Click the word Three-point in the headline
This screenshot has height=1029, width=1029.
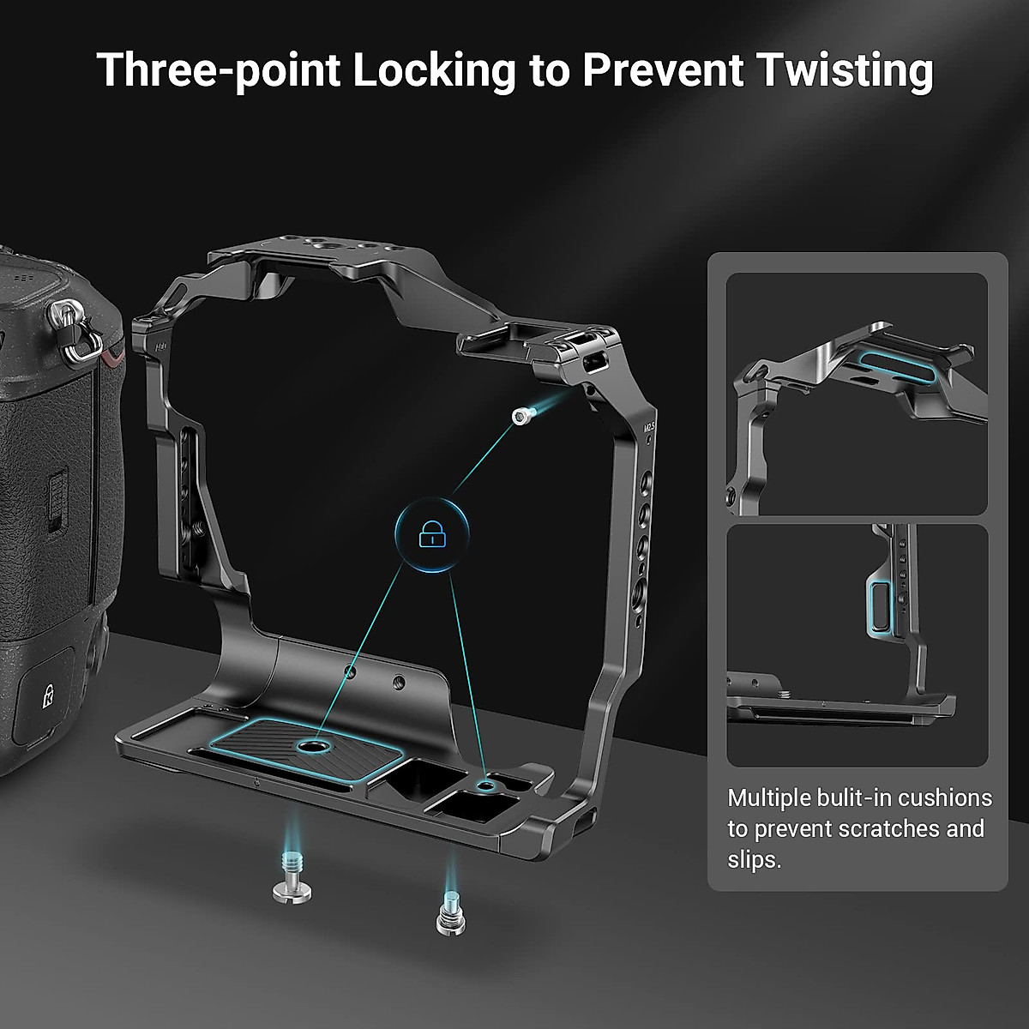(219, 70)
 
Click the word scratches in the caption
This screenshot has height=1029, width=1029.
(866, 829)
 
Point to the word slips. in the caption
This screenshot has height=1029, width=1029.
(755, 859)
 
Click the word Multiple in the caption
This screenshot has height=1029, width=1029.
(768, 798)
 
